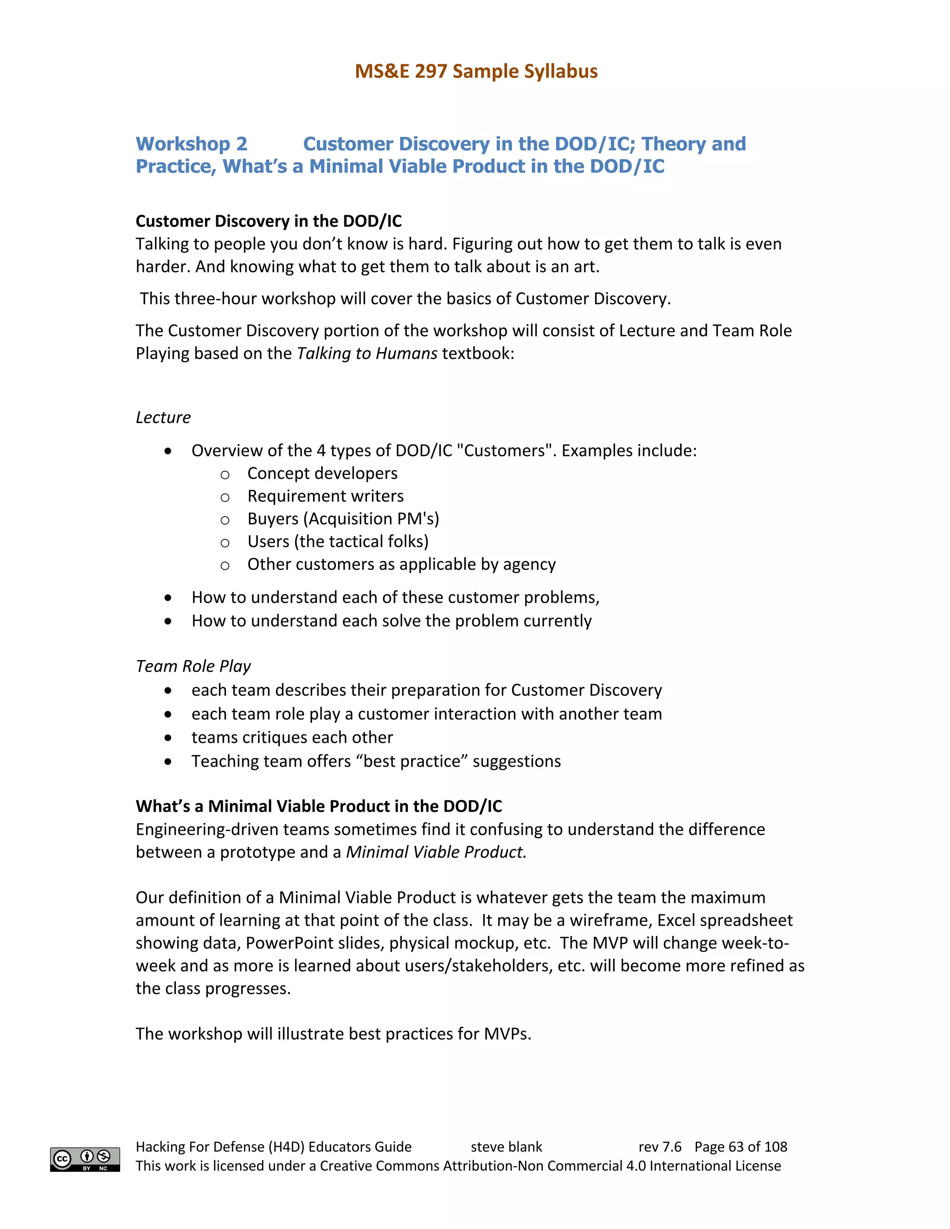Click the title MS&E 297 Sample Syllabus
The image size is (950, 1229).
[x=475, y=71]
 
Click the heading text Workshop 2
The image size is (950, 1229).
[x=192, y=144]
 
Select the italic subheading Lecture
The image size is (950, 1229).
[x=163, y=417]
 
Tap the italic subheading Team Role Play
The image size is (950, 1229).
[x=193, y=666]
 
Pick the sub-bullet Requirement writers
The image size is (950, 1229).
[x=325, y=496]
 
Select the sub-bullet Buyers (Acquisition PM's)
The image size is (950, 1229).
[x=343, y=519]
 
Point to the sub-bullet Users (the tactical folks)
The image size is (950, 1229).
[x=338, y=541]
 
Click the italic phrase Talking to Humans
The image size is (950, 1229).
[x=366, y=353]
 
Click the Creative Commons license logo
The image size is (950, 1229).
[x=85, y=1159]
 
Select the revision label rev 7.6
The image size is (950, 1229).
[x=660, y=1147]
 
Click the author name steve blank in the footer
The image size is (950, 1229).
[x=506, y=1147]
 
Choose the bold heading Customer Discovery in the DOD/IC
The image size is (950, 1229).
[x=269, y=221]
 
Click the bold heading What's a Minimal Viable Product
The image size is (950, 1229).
[x=319, y=807]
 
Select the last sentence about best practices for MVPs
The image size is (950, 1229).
[x=333, y=1034]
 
